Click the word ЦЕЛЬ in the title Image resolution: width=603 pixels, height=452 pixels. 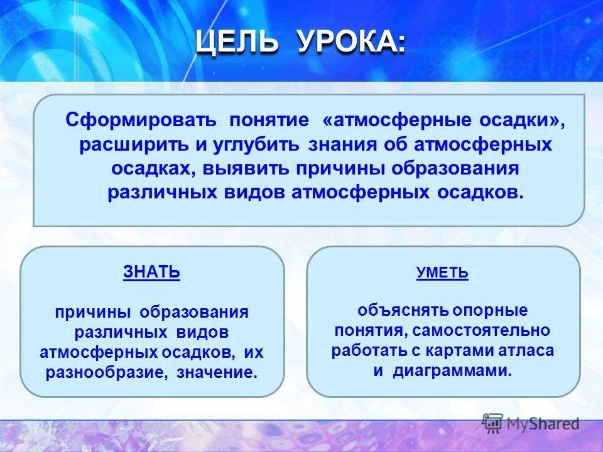point(236,43)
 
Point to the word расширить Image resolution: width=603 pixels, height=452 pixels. point(133,144)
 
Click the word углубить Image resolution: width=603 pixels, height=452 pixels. point(259,144)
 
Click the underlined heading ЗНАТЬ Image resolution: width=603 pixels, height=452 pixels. point(151,272)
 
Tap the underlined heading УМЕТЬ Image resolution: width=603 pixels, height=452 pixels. point(442,273)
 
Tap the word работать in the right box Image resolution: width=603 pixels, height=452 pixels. point(362,350)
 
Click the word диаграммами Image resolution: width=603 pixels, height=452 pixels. point(452,370)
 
